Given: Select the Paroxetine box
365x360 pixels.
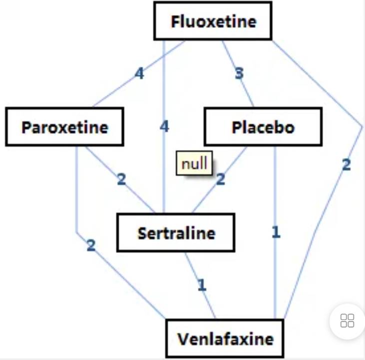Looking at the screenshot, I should [64, 127].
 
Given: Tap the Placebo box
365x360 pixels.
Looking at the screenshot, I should [263, 127].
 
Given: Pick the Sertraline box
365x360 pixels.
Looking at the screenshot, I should [176, 233].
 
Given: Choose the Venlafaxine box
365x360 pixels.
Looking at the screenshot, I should [225, 340].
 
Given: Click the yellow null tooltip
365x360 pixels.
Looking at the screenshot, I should [194, 164].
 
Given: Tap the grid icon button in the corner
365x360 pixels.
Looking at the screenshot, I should [347, 321].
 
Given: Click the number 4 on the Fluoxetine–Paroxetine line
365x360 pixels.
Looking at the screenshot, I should [139, 74].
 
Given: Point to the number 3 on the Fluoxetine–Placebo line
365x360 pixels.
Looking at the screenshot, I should [239, 74].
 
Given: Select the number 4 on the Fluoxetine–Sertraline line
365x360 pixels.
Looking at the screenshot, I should [164, 127].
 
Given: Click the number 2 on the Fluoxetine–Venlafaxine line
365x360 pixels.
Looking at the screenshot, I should [346, 165].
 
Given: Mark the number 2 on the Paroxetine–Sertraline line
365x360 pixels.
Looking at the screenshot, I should [121, 179].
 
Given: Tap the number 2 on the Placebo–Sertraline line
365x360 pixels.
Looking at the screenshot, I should [220, 179].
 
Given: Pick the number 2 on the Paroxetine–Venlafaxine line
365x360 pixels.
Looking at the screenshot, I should [91, 246].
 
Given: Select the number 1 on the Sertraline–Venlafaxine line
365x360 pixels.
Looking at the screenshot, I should [201, 285].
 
